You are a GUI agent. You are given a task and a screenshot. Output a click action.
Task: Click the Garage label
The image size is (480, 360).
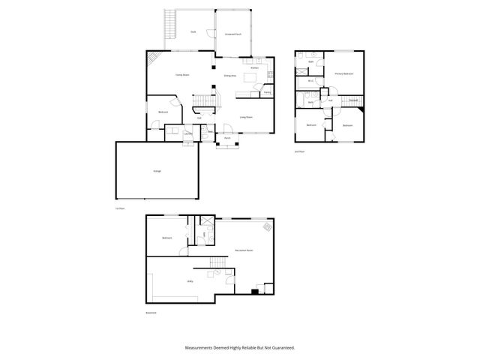point(157,172)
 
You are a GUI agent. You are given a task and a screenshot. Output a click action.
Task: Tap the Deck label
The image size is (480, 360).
point(193,31)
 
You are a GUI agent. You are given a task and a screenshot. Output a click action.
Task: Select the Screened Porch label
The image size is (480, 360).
point(232,34)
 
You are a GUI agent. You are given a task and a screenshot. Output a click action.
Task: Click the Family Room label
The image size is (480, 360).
point(181,75)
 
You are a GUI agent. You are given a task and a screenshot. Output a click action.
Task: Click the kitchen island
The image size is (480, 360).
point(257,77)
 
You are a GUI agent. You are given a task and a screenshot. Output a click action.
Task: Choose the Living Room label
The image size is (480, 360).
point(245,118)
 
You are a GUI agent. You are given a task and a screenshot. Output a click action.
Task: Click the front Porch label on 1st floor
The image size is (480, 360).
point(227,138)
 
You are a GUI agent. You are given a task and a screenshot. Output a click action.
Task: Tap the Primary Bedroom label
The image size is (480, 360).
point(344,74)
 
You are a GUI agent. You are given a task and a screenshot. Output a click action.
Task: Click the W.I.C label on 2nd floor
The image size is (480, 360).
point(310,80)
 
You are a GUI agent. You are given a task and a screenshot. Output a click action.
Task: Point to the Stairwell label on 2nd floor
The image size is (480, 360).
point(353,100)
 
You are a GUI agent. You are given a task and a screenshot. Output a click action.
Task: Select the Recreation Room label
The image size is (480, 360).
point(243,250)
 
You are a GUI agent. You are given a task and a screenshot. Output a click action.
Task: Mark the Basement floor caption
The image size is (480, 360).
point(152,313)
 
